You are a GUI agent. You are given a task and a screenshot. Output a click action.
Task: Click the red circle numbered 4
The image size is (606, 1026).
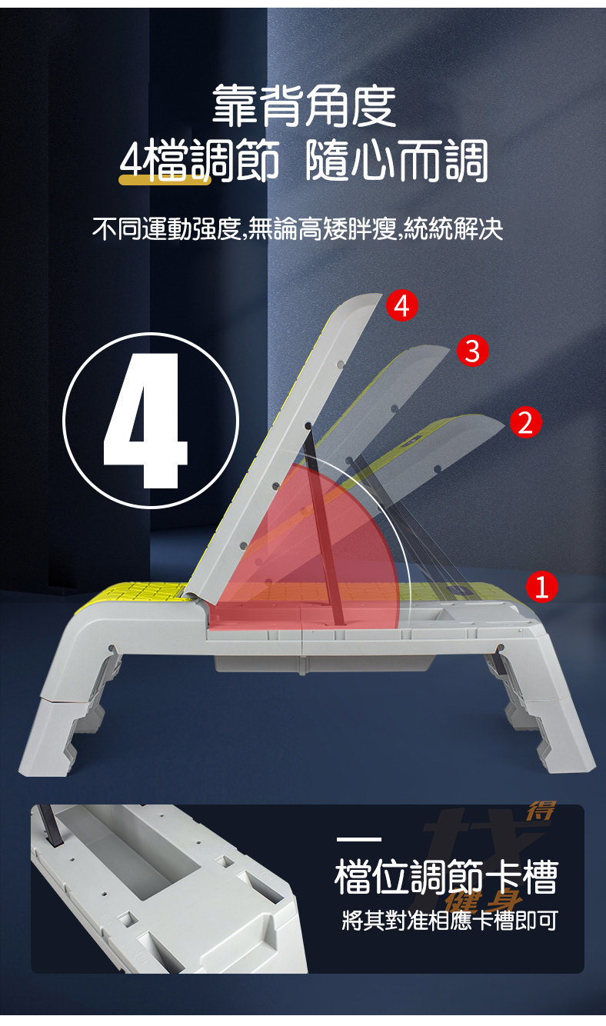pyautogui.click(x=401, y=306)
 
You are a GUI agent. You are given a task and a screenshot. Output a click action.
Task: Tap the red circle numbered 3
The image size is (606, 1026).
pyautogui.click(x=472, y=351)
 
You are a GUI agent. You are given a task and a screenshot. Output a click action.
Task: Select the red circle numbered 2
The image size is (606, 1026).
pyautogui.click(x=524, y=422)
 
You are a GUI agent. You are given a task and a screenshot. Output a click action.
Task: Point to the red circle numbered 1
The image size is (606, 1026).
pyautogui.click(x=541, y=588)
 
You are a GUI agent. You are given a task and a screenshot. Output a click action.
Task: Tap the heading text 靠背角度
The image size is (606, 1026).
pyautogui.click(x=304, y=105)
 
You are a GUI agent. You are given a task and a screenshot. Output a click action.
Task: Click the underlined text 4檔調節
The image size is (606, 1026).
pyautogui.click(x=200, y=162)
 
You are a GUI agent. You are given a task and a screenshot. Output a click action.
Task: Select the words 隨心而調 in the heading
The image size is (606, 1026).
pyautogui.click(x=397, y=162)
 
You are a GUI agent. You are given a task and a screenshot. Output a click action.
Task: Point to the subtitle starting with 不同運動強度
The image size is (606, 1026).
pyautogui.click(x=298, y=228)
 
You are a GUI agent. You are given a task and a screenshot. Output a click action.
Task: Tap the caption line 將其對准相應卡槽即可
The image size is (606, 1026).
pyautogui.click(x=450, y=920)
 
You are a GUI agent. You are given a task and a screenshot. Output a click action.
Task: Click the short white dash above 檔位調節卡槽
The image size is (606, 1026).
pyautogui.click(x=358, y=838)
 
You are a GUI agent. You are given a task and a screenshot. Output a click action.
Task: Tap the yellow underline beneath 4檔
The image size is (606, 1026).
pyautogui.click(x=165, y=180)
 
